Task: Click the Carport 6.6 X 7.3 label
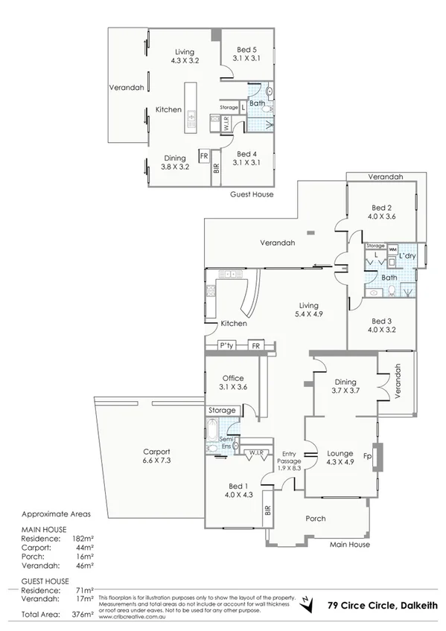click(157, 456)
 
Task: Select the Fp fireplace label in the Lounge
click(367, 456)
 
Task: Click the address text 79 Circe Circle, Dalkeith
click(379, 606)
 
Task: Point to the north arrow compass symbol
click(305, 604)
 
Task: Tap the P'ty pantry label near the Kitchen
click(226, 346)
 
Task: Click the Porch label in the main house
click(316, 519)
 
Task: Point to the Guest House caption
click(252, 194)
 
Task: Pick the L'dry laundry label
click(406, 256)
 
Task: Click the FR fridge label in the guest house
click(203, 156)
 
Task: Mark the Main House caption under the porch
click(349, 545)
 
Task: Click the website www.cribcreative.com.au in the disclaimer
click(131, 617)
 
